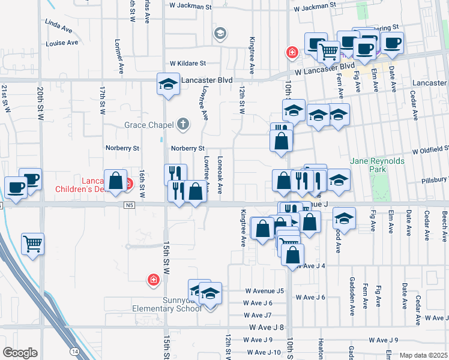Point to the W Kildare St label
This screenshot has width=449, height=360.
[x=188, y=63]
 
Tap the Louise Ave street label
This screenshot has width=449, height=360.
[x=62, y=43]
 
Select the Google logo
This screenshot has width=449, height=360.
[x=20, y=352]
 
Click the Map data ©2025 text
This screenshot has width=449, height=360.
[x=423, y=355]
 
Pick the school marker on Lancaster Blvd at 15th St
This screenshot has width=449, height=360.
[x=169, y=84]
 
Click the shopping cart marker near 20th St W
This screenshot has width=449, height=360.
[x=33, y=244]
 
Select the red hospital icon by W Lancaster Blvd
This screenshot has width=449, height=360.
[x=292, y=53]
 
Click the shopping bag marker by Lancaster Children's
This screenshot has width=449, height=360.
[x=115, y=180]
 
